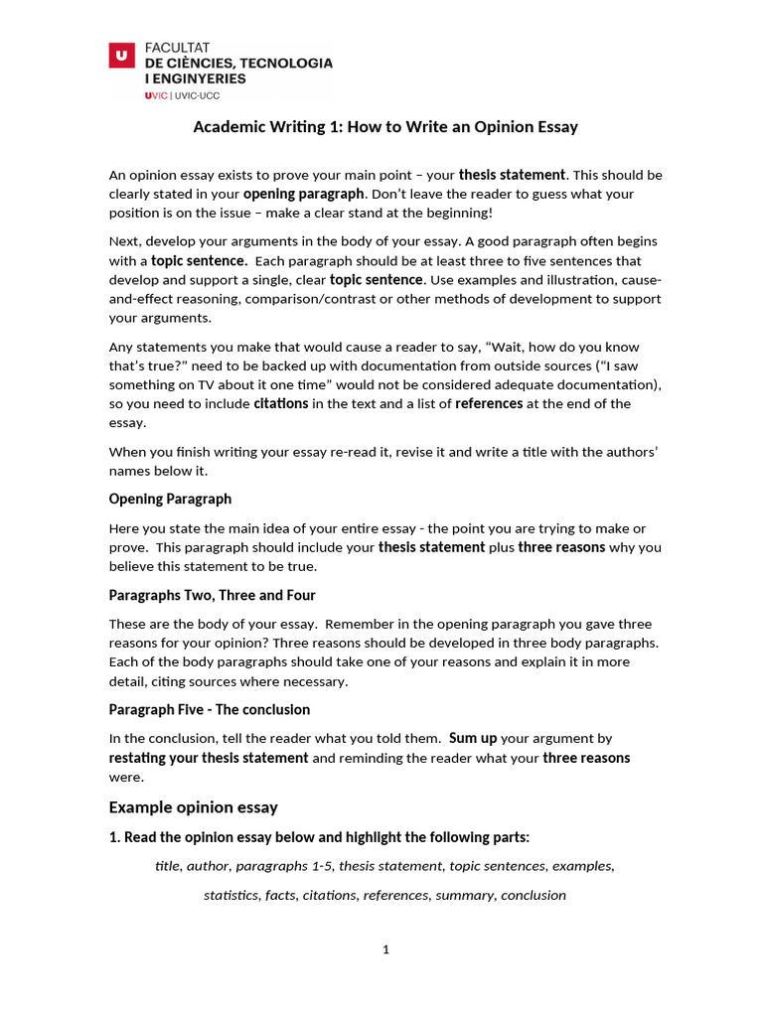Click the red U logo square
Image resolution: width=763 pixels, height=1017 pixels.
pos(121,57)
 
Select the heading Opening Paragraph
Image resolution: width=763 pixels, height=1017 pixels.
pos(170,499)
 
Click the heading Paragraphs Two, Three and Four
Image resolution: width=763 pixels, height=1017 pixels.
pos(212,595)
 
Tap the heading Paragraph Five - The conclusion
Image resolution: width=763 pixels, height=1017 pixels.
pos(209,709)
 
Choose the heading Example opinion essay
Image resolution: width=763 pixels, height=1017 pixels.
pos(193,806)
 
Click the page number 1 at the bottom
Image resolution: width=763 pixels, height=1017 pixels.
pos(385,949)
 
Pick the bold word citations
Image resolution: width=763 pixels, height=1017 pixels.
pos(281,403)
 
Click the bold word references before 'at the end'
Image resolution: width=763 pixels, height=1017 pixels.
pos(489,403)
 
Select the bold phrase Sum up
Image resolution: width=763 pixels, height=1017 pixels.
pos(473,738)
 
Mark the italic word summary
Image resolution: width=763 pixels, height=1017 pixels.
pos(465,895)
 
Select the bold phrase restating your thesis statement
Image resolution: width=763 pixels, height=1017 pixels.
pos(209,758)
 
